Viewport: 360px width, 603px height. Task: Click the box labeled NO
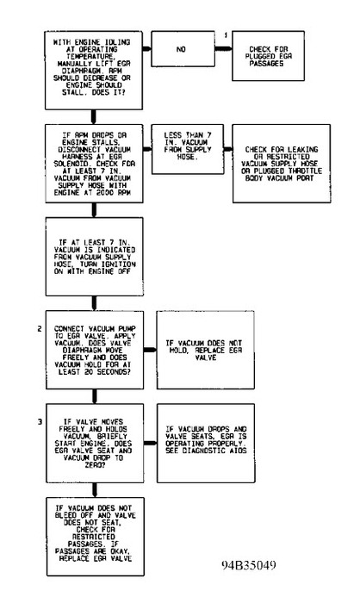coord(181,51)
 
